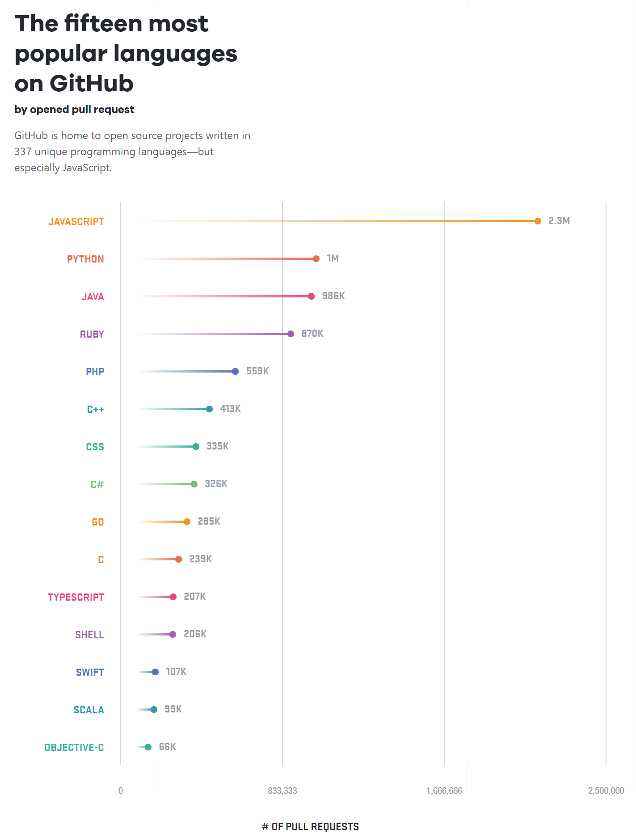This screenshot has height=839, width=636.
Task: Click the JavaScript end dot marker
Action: [538, 221]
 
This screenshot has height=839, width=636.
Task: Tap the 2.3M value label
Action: [559, 221]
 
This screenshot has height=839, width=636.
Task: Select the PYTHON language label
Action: [85, 259]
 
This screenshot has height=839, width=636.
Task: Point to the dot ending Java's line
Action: [311, 296]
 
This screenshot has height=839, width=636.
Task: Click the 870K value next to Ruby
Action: [312, 334]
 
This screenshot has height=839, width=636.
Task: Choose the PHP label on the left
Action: [95, 372]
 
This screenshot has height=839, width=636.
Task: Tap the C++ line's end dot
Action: [209, 409]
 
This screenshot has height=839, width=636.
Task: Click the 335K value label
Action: [217, 446]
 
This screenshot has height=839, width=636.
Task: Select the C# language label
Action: [97, 485]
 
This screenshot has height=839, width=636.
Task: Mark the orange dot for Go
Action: [187, 521]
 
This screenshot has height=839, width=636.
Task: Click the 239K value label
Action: [200, 559]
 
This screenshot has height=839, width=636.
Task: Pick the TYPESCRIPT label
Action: [76, 597]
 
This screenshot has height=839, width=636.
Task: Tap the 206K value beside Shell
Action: [195, 634]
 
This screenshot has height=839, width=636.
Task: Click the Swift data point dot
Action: [155, 672]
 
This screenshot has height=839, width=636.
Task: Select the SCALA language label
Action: [88, 710]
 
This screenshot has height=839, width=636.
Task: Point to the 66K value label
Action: [167, 747]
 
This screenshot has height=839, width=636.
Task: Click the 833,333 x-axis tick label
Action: [282, 791]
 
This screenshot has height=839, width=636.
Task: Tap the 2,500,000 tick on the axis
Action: [606, 791]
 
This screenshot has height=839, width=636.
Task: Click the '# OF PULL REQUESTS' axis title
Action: [310, 826]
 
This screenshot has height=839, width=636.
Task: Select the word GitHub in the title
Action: [91, 84]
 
